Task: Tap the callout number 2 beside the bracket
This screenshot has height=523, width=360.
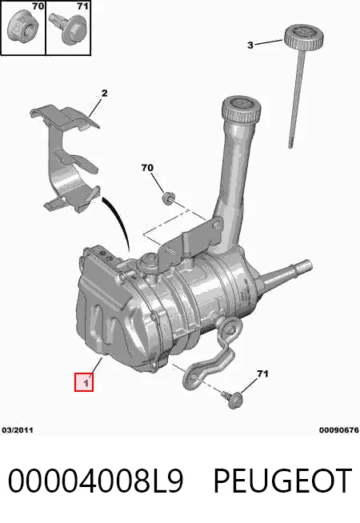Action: (105, 93)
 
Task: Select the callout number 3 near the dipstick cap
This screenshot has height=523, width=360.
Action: (250, 45)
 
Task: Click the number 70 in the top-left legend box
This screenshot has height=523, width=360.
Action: (38, 6)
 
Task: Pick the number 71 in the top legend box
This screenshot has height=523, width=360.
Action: (82, 6)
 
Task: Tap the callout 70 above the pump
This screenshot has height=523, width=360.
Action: (147, 167)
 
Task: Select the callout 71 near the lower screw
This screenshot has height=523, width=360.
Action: (262, 374)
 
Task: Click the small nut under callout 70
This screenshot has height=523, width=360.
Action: (167, 198)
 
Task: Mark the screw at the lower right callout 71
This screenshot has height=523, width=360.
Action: (234, 399)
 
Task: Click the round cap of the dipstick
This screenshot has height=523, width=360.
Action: (304, 36)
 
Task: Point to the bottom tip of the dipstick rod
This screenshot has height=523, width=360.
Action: (290, 147)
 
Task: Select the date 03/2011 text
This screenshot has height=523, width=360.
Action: (18, 430)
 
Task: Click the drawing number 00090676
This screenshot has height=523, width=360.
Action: (338, 430)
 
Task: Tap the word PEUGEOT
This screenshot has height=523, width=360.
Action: (282, 481)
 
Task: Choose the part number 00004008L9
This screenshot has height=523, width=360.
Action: (96, 481)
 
